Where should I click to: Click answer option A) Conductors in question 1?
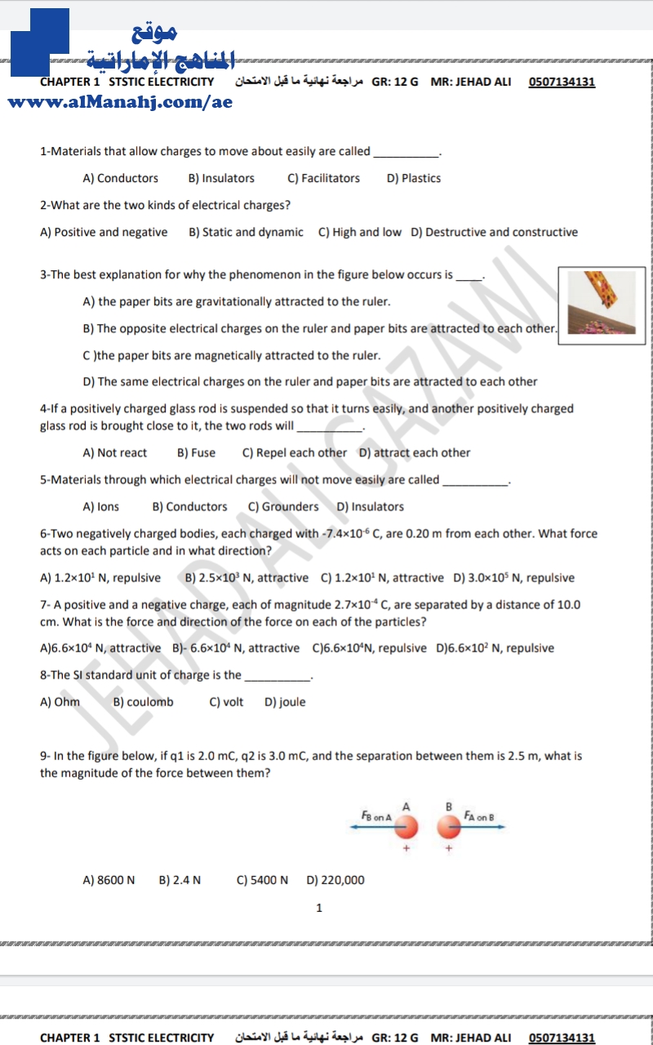121,178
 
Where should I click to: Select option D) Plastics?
413,178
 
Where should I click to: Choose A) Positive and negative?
104,232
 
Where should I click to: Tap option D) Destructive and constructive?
494,232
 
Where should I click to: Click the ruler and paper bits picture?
602,302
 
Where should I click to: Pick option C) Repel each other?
295,452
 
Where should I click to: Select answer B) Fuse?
196,452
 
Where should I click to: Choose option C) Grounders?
283,506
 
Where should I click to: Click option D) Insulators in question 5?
370,506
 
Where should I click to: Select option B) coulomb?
143,701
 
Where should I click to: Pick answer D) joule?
285,701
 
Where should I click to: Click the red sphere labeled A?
406,828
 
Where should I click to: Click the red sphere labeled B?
448,828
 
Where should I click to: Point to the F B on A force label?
376,816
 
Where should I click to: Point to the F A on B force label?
479,816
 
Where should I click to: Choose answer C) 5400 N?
262,879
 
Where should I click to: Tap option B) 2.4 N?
180,879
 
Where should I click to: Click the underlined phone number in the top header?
562,82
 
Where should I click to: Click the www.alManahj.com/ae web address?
120,102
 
